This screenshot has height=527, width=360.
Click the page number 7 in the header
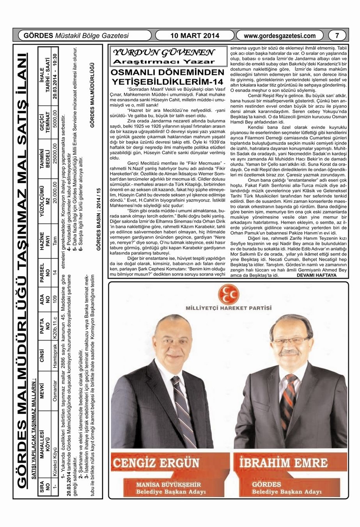pyautogui.click(x=337, y=36)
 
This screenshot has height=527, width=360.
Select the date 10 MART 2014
pyautogui.click(x=195, y=36)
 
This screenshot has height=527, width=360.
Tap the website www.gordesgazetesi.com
pyautogui.click(x=280, y=36)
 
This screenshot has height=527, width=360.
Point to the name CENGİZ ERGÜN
pyautogui.click(x=156, y=463)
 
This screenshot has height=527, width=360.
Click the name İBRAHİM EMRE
pyautogui.click(x=283, y=463)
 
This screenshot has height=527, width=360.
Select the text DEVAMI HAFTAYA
pyautogui.click(x=316, y=275)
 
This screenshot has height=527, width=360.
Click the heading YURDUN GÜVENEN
pyautogui.click(x=163, y=53)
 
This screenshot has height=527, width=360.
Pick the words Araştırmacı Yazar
pyautogui.click(x=164, y=62)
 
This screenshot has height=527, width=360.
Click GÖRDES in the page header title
pyautogui.click(x=39, y=36)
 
